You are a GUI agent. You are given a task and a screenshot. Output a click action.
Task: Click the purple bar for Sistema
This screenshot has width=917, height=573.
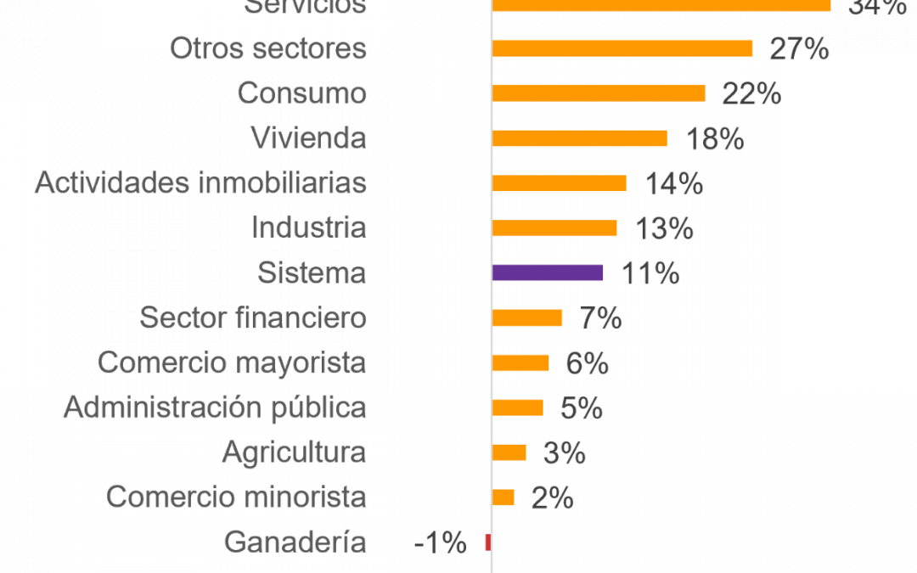[548, 272]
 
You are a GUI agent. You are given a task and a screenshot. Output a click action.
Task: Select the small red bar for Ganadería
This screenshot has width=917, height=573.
[487, 542]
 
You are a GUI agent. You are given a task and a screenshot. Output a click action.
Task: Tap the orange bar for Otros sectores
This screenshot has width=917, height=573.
[622, 48]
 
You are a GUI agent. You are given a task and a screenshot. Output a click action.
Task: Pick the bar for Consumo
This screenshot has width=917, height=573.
[599, 93]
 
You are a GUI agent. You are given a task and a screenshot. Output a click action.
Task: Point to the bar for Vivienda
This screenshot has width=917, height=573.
[580, 138]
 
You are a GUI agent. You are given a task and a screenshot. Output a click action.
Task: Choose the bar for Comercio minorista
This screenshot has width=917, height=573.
[504, 497]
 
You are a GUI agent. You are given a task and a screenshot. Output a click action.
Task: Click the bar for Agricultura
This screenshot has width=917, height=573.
[509, 452]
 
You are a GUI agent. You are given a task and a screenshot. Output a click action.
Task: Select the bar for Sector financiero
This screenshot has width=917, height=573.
[527, 317]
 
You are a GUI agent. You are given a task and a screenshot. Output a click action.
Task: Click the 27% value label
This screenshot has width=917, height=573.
[798, 49]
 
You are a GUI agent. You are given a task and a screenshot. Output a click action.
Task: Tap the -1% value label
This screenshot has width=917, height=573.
[440, 542]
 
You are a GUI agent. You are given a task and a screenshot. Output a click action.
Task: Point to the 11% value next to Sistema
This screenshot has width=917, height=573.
[650, 273]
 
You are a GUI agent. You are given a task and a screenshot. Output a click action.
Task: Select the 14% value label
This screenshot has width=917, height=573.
[673, 183]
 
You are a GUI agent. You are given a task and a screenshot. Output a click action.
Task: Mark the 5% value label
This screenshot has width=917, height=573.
[582, 408]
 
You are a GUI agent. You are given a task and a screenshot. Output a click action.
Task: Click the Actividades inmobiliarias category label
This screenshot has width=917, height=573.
[200, 183]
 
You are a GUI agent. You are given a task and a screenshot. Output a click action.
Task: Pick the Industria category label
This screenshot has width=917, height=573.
[308, 228]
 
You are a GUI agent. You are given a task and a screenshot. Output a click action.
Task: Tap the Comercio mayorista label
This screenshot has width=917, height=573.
[232, 362]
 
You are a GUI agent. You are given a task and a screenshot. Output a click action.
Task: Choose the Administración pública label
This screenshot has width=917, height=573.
[215, 407]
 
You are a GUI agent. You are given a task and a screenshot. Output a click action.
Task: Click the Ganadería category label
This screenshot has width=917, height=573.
[295, 542]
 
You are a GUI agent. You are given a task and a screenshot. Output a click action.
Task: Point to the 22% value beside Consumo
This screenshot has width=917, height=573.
[751, 93]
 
